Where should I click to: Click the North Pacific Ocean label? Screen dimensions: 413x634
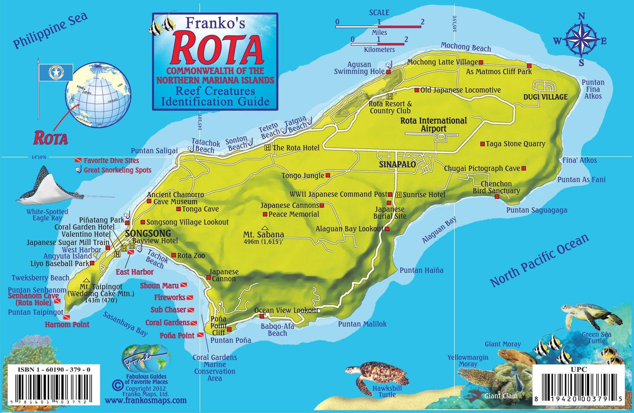[538, 261]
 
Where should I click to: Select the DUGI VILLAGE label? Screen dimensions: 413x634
[545, 97]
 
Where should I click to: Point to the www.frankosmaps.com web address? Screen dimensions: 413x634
[146, 400]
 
